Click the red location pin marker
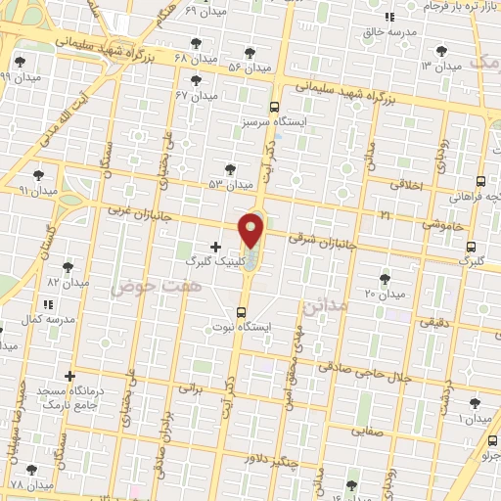coord(251,229)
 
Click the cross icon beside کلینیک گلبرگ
coord(215,246)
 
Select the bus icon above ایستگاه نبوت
coord(242,312)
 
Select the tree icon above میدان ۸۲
coord(68,266)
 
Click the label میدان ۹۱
coord(37,192)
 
